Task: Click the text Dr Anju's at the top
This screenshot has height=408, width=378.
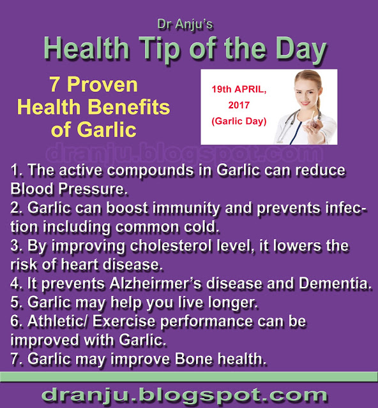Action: click(x=189, y=24)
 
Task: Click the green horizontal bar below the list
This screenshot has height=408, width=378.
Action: click(x=189, y=375)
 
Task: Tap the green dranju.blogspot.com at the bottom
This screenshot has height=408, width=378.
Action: click(x=189, y=393)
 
